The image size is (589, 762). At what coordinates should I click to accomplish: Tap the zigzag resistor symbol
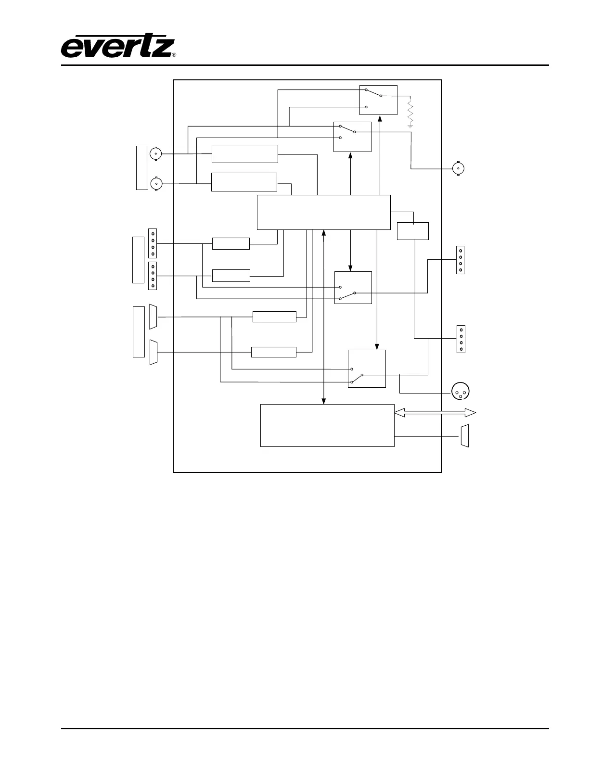point(410,112)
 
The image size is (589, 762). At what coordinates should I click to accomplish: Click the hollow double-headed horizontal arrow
point(435,413)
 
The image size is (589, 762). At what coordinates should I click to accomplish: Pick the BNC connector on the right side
point(458,168)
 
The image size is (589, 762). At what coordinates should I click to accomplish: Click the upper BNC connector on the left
point(155,154)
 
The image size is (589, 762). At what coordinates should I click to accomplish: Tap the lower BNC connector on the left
point(155,184)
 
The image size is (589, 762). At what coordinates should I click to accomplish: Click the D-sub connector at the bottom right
point(465,436)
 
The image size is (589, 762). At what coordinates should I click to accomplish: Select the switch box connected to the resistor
point(378,100)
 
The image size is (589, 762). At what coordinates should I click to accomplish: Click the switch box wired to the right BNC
point(352,137)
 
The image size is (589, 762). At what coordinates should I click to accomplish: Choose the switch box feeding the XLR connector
point(367,368)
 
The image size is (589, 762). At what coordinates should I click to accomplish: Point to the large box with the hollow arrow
point(327,425)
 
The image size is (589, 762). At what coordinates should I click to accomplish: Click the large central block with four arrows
point(323,212)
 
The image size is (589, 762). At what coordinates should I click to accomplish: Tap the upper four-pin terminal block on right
point(461,260)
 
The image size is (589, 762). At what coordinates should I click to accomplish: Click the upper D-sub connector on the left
point(154,317)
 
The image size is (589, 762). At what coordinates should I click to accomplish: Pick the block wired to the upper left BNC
point(244,154)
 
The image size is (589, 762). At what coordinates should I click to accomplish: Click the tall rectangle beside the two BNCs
point(142,167)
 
